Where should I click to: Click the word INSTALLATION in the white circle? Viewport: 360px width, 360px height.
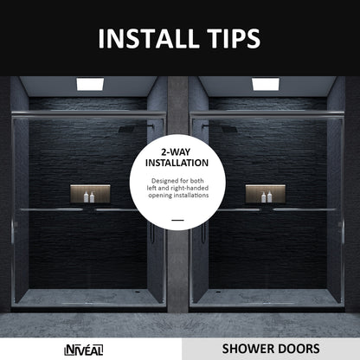(177, 162)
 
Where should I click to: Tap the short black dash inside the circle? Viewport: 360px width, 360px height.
(177, 220)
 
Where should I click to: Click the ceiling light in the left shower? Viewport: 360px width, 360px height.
(90, 84)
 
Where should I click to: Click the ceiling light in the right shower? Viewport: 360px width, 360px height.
(265, 84)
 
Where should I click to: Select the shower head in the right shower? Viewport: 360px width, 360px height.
(226, 130)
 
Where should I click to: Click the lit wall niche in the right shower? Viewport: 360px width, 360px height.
(265, 194)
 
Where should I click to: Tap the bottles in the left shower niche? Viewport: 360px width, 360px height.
(90, 197)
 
